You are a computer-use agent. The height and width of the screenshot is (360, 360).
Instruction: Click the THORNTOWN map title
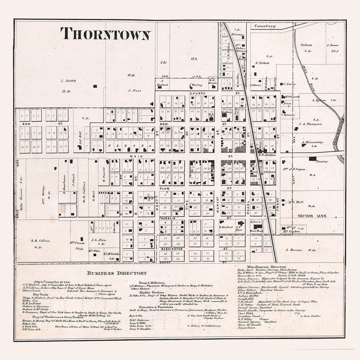pos(105,34)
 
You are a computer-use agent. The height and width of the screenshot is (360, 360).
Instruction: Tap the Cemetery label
pos(265,26)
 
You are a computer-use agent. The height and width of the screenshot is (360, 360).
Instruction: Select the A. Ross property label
pos(135,90)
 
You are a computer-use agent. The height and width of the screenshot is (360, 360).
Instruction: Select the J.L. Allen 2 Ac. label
pos(98,240)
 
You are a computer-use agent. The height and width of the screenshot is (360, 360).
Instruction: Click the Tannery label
pos(322,161)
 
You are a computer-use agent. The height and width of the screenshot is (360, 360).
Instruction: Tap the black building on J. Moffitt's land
pos(95,86)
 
